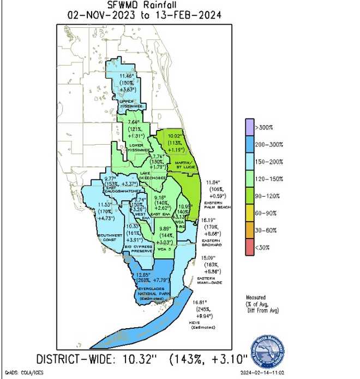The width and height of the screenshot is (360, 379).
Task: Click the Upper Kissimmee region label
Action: [x=130, y=103]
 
